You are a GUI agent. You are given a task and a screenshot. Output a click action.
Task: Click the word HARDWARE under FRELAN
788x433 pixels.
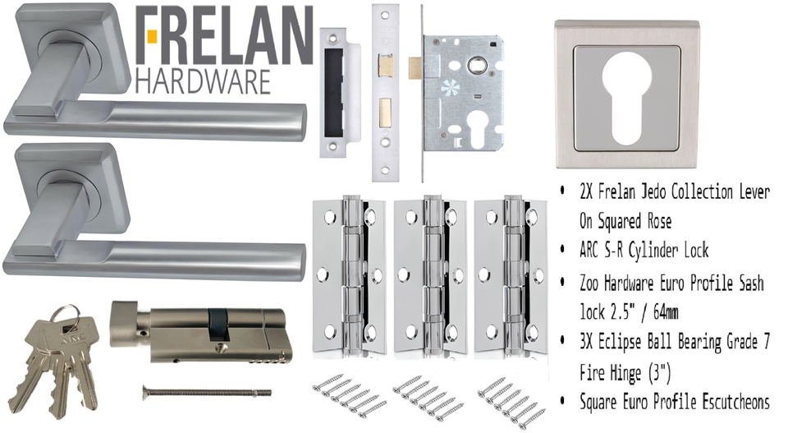(203, 81)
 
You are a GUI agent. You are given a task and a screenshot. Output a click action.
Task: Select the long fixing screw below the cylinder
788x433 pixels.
(207, 391)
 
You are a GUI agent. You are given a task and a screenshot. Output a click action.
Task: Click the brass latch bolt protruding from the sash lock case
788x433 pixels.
(415, 68)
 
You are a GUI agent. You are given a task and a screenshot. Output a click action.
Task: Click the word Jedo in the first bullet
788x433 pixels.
(652, 191)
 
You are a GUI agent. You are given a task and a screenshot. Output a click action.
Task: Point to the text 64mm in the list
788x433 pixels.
(665, 312)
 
